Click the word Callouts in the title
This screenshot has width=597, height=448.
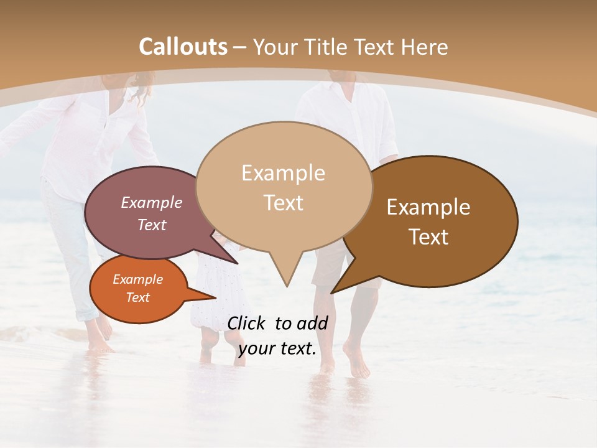coord(183,47)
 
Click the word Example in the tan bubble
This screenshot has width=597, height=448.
coord(283,173)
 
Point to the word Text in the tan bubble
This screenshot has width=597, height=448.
coord(283,203)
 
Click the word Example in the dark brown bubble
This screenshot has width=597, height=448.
coord(428,207)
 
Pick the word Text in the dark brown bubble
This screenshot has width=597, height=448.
coord(428,237)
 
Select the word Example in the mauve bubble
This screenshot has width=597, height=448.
coord(151,203)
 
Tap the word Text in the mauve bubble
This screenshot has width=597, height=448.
coord(151,225)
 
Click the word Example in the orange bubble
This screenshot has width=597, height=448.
coord(137,279)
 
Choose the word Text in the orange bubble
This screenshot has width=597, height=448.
coord(137,297)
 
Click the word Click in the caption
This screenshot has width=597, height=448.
coord(247,323)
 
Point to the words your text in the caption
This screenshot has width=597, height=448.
coord(277,349)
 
